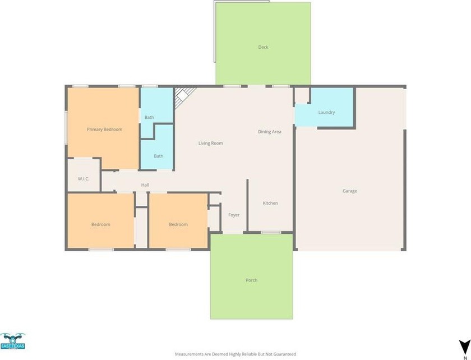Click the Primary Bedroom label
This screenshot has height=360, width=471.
104,130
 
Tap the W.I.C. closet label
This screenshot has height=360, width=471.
84,179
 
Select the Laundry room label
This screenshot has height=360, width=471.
326,112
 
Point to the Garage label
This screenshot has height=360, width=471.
350,191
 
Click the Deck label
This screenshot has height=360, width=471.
263,47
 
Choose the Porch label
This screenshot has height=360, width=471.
251,280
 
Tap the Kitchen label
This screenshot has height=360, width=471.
270,203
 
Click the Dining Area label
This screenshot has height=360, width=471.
270,132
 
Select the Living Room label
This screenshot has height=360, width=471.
211,144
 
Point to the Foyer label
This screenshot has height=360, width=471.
234,215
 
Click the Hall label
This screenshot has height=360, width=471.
145,185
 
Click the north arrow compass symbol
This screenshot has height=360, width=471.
465,346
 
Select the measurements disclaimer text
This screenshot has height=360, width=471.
235,354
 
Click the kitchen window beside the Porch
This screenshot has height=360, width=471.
271,232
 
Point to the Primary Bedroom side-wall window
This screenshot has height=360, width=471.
66,127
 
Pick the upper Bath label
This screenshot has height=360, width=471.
149,118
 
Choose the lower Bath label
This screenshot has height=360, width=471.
159,156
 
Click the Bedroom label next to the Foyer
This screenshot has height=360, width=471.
178,224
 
